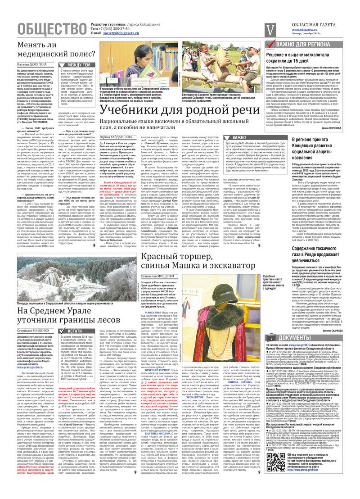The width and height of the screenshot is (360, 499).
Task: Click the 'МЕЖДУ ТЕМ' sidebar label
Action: pyautogui.click(x=79, y=65)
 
